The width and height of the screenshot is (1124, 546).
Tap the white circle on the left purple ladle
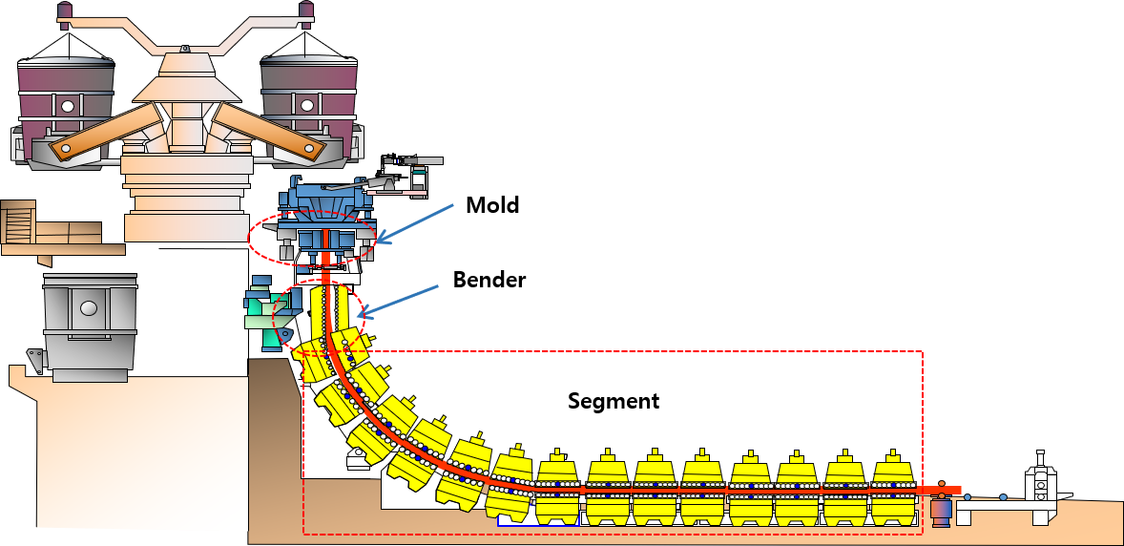(67, 107)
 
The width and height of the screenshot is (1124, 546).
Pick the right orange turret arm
(268, 132)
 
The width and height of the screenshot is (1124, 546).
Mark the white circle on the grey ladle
(89, 308)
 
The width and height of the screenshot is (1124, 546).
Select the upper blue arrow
(416, 222)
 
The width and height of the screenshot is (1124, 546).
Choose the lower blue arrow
(403, 299)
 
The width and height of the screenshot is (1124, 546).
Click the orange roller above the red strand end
(942, 484)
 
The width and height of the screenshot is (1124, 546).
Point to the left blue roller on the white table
(968, 497)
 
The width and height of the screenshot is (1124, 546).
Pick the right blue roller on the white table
(1003, 497)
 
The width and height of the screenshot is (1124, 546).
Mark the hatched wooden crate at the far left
(18, 225)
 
